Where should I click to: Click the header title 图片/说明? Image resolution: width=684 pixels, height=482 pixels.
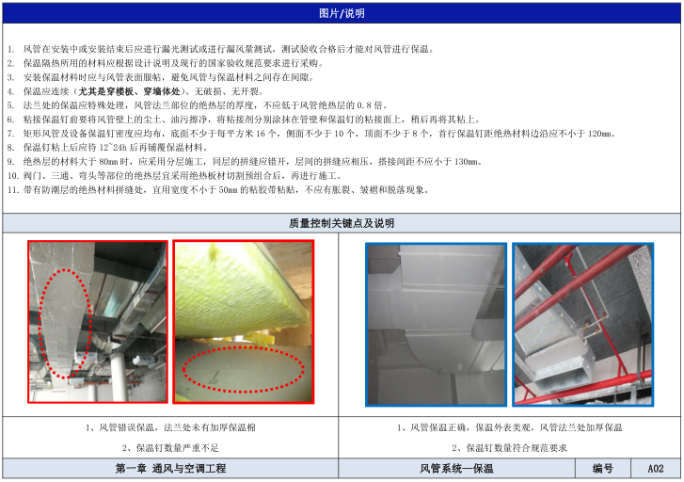[x=342, y=13]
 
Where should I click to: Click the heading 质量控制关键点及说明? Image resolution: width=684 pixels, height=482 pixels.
[x=342, y=223]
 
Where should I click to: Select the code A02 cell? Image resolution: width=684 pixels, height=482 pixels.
[x=655, y=469]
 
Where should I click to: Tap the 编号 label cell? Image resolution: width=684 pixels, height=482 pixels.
[x=603, y=469]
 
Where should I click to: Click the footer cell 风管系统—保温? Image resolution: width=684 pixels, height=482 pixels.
[x=456, y=469]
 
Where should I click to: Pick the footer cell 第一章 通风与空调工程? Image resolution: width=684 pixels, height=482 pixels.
[x=170, y=469]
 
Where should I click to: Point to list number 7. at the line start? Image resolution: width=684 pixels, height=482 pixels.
[x=11, y=134]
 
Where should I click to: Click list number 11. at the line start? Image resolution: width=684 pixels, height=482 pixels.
[x=12, y=190]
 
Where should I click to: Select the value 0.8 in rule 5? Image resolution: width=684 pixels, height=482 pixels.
[x=365, y=105]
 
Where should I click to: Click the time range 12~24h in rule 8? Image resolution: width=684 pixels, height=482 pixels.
[x=112, y=148]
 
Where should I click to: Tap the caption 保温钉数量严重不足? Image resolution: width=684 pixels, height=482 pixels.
[x=177, y=448]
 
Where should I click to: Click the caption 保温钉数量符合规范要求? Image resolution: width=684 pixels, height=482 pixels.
[x=517, y=448]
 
